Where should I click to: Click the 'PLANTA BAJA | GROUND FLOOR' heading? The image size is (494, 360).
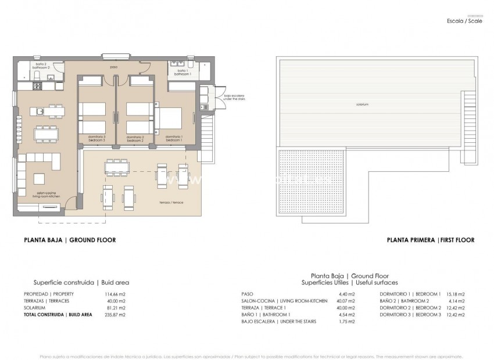pyautogui.click(x=70, y=240)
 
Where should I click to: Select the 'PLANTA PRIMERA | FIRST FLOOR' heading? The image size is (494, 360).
pyautogui.click(x=431, y=240)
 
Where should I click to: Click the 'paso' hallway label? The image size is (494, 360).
pyautogui.click(x=113, y=67)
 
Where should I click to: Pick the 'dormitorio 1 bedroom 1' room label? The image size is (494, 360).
pyautogui.click(x=174, y=138)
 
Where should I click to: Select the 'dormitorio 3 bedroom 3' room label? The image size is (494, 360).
pyautogui.click(x=96, y=138)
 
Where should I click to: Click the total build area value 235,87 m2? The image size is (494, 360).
pyautogui.click(x=116, y=314)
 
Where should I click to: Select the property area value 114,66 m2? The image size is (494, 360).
pyautogui.click(x=116, y=294)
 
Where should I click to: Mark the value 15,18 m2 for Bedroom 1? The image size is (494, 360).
pyautogui.click(x=456, y=294)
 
